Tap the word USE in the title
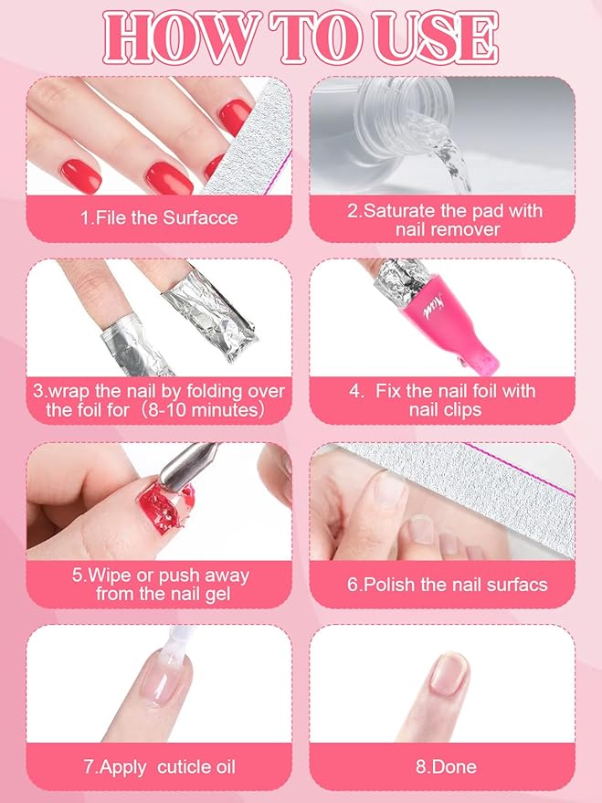[x=438, y=37]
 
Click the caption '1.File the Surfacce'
[x=159, y=217]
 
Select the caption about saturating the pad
[x=443, y=219]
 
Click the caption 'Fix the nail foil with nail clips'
[x=443, y=400]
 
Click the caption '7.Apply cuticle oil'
[x=159, y=766]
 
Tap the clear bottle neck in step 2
[x=411, y=96]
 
